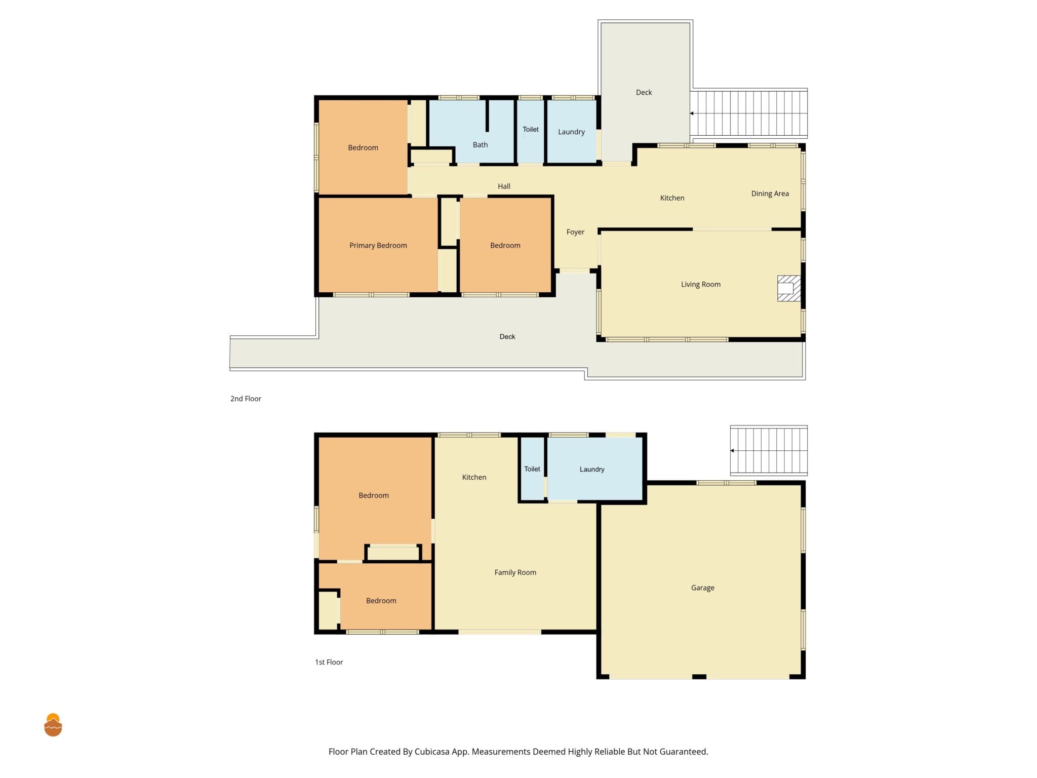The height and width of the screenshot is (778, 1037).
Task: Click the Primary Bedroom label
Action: click(378, 246)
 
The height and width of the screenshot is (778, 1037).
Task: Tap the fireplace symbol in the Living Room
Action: click(789, 288)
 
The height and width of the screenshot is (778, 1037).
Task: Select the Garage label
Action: click(702, 588)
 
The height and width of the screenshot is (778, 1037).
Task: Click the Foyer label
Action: click(575, 232)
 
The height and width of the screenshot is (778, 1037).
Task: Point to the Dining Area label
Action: click(770, 193)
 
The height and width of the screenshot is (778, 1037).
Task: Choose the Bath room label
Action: click(480, 145)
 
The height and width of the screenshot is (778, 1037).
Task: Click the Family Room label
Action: click(515, 572)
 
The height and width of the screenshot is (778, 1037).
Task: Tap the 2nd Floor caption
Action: click(246, 399)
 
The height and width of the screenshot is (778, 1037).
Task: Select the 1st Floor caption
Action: click(329, 662)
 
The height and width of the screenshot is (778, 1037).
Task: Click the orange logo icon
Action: click(53, 725)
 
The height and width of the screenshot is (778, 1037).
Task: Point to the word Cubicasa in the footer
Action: click(432, 752)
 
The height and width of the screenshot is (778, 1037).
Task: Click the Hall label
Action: click(504, 186)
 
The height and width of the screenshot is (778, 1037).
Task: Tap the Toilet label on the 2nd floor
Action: click(531, 129)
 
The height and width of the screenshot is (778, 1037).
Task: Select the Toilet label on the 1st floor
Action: click(532, 469)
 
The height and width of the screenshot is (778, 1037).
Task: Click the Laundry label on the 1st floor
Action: click(592, 470)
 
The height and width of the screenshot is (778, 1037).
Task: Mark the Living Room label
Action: click(700, 285)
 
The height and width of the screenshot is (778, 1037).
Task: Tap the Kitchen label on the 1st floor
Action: click(474, 477)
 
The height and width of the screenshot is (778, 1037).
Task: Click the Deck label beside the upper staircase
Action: click(644, 92)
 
